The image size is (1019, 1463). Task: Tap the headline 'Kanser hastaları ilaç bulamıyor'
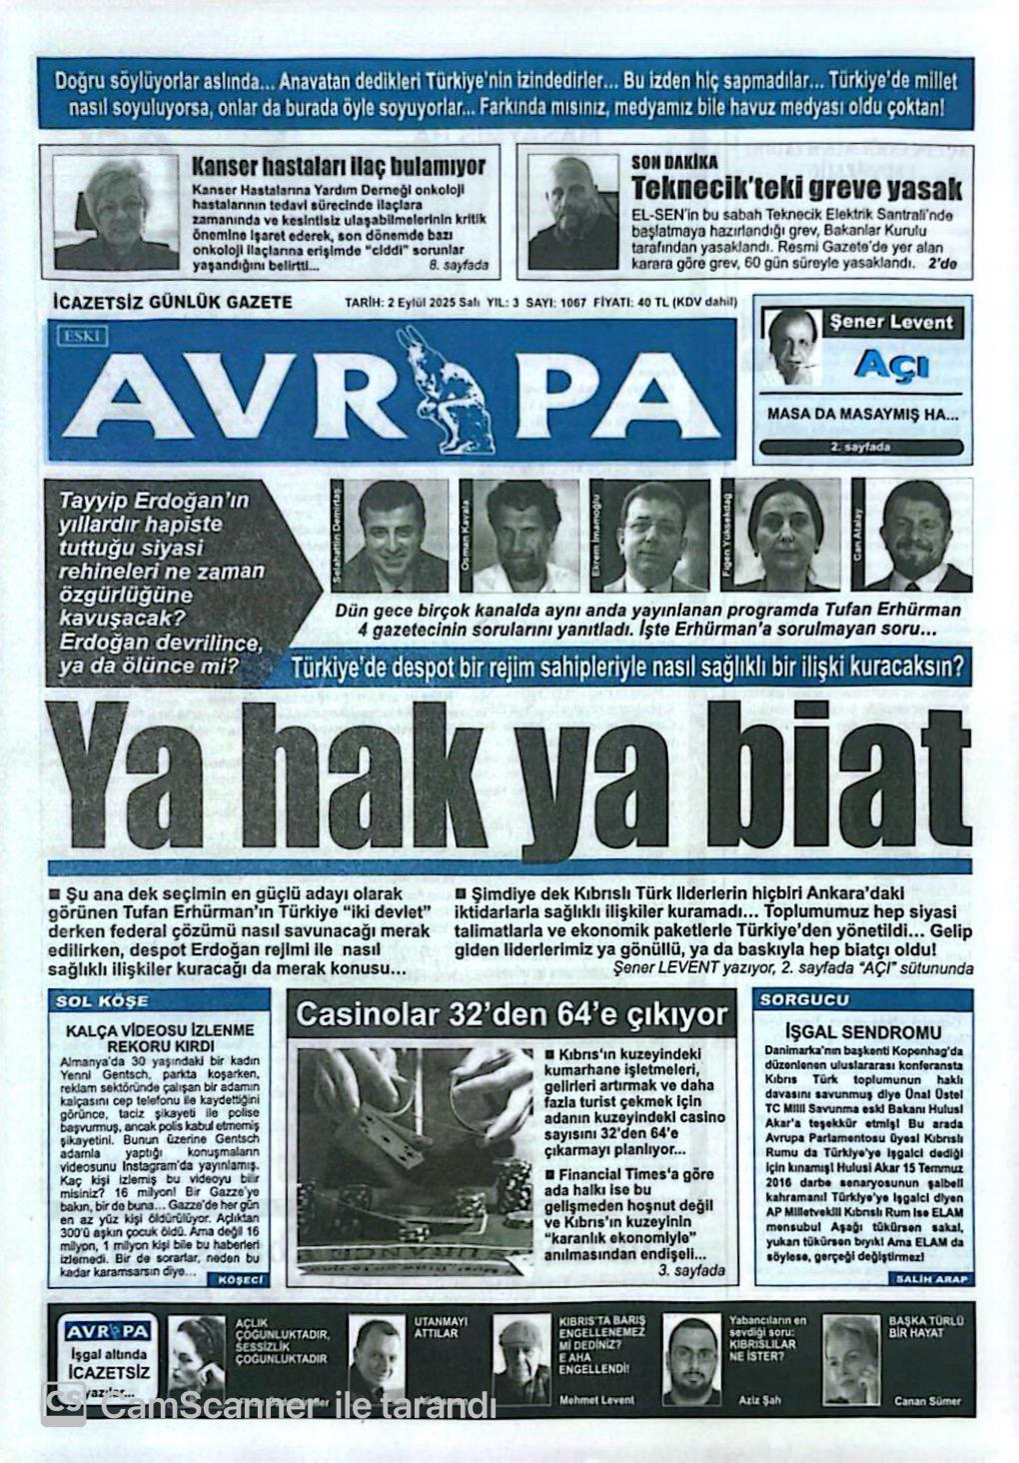[x=338, y=166]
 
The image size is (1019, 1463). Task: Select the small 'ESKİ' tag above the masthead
[x=81, y=336]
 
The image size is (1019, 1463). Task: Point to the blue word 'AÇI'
[x=892, y=365]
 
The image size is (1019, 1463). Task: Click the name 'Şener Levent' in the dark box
[x=891, y=323]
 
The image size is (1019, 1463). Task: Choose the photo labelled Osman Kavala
[x=525, y=536]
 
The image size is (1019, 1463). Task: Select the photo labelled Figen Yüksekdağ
[x=794, y=536]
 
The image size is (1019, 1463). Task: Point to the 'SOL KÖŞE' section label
[x=103, y=1000]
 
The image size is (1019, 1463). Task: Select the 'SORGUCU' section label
[x=804, y=999]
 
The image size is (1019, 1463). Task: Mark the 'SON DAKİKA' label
[x=674, y=162]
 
